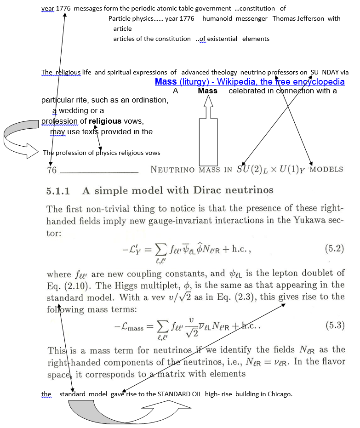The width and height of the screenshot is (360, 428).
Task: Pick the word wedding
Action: tap(79, 111)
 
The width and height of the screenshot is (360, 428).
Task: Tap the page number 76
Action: tap(52, 170)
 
